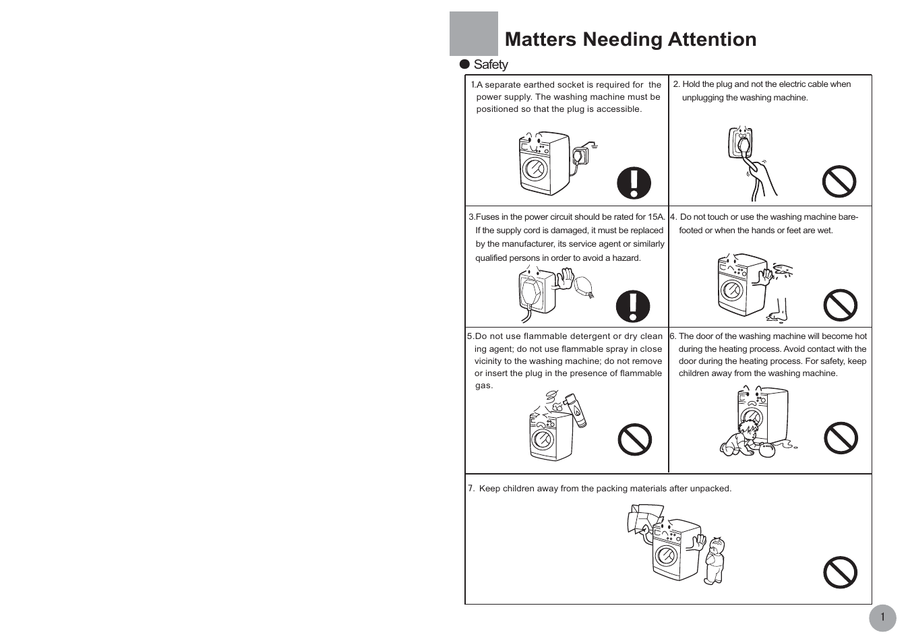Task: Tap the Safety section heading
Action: [x=490, y=65]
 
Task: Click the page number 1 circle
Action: [x=882, y=617]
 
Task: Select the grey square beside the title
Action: [x=474, y=34]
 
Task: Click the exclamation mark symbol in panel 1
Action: [x=634, y=183]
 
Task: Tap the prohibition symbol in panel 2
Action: [x=839, y=181]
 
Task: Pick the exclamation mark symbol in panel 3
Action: [x=633, y=307]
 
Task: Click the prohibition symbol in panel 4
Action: [x=840, y=306]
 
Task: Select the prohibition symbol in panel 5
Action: [x=634, y=439]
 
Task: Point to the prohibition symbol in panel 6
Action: [x=841, y=438]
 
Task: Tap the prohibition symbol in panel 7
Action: [x=840, y=572]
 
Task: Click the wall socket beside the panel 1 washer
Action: [x=580, y=156]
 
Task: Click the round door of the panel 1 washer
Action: [x=535, y=169]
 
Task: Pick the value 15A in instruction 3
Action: [x=656, y=217]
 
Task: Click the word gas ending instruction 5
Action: [x=483, y=386]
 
